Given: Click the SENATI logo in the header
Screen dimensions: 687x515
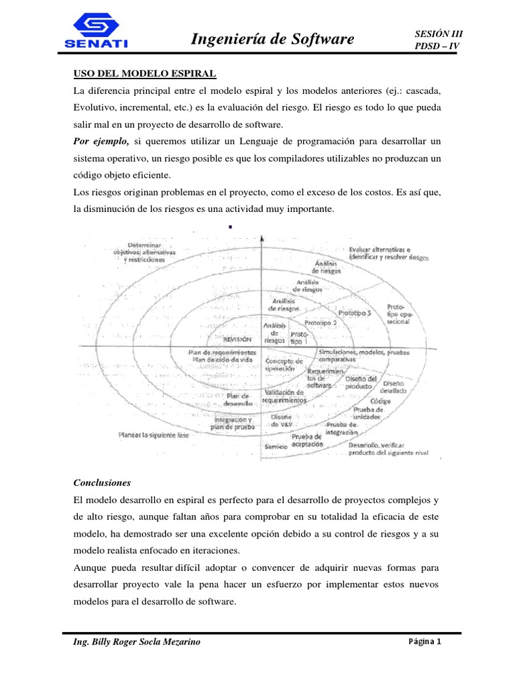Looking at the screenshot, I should pos(97,32).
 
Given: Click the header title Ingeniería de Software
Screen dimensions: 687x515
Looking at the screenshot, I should pos(272,39).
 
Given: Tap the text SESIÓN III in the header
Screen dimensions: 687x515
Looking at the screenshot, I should pos(439,33).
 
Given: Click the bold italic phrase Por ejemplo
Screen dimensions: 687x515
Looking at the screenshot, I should pos(101,141).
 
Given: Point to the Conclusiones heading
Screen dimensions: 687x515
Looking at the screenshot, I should pos(102,482).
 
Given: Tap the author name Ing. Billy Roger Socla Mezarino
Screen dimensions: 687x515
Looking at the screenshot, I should pos(136,642).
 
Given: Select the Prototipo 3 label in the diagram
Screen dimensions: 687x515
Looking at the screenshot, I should pos(355,313).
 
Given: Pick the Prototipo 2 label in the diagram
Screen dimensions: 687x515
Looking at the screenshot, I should pos(321,323).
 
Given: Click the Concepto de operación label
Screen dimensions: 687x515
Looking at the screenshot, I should pos(284,365).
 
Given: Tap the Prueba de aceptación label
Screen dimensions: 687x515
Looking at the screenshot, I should pos(307,440).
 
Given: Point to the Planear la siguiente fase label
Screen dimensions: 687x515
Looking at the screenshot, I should pos(154,435).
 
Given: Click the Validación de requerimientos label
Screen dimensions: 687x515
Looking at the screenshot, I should pos(284,396).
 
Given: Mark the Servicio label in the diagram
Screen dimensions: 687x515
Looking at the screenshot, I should pos(276,445).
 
